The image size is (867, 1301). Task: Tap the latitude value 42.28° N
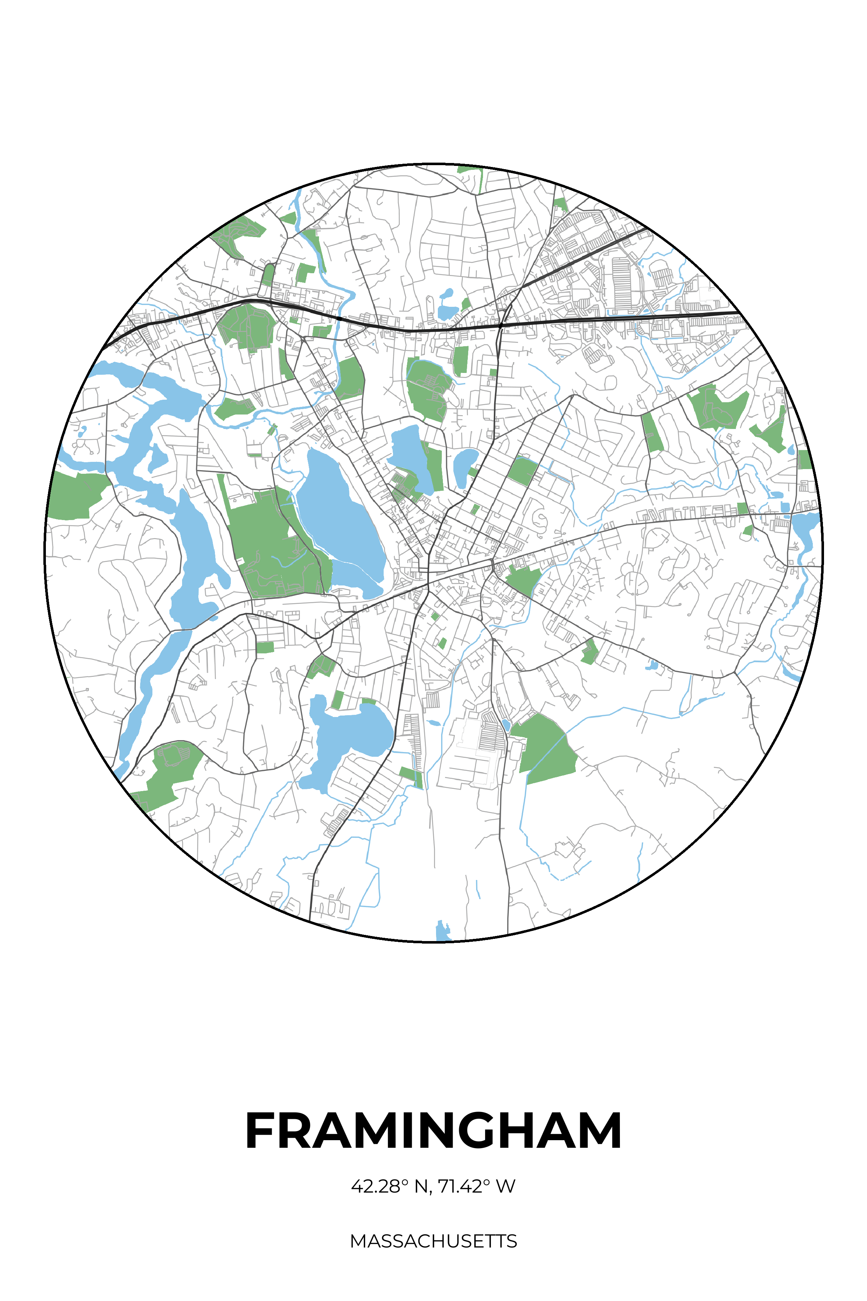click(390, 1186)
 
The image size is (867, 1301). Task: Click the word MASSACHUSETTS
click(433, 1241)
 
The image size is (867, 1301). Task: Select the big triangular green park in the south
click(545, 747)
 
